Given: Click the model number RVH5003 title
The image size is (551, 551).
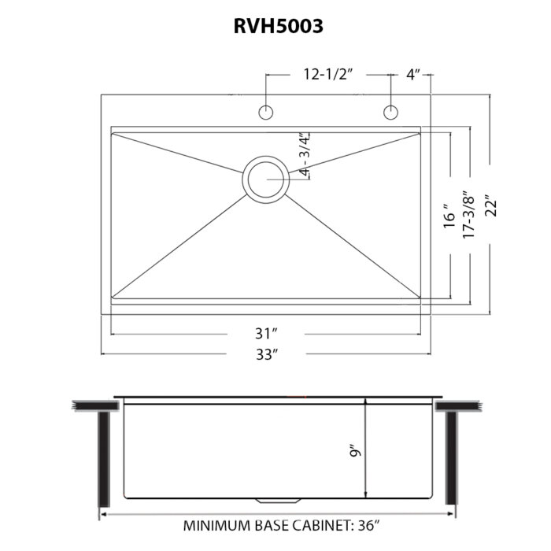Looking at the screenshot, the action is pyautogui.click(x=279, y=26).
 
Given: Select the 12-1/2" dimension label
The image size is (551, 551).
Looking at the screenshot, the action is pyautogui.click(x=328, y=75).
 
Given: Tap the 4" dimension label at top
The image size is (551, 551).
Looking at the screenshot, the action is pyautogui.click(x=413, y=75).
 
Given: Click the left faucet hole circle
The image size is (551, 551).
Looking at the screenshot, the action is pyautogui.click(x=266, y=113).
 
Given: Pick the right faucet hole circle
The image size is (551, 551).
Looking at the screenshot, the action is pyautogui.click(x=390, y=113).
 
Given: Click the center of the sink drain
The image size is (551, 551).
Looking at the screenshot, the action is pyautogui.click(x=266, y=179).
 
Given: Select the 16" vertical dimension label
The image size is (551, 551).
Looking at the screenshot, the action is pyautogui.click(x=449, y=216).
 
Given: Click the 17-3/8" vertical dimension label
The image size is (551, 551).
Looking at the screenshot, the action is pyautogui.click(x=468, y=215).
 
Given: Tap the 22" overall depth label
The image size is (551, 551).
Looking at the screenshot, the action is pyautogui.click(x=491, y=205).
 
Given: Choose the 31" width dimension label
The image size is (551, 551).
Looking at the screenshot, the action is pyautogui.click(x=266, y=334).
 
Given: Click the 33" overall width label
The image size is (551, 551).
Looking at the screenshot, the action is pyautogui.click(x=267, y=354).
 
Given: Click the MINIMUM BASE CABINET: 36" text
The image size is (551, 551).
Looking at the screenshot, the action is pyautogui.click(x=282, y=526).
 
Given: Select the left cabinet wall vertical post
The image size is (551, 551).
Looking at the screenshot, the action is pyautogui.click(x=104, y=459).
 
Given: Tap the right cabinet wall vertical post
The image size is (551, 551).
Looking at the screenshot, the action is pyautogui.click(x=451, y=458).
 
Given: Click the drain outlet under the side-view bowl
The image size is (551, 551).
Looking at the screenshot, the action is pyautogui.click(x=278, y=500).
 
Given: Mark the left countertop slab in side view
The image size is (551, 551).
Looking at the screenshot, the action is pyautogui.click(x=95, y=405).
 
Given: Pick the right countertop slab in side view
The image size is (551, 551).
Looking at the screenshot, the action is pyautogui.click(x=458, y=407).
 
